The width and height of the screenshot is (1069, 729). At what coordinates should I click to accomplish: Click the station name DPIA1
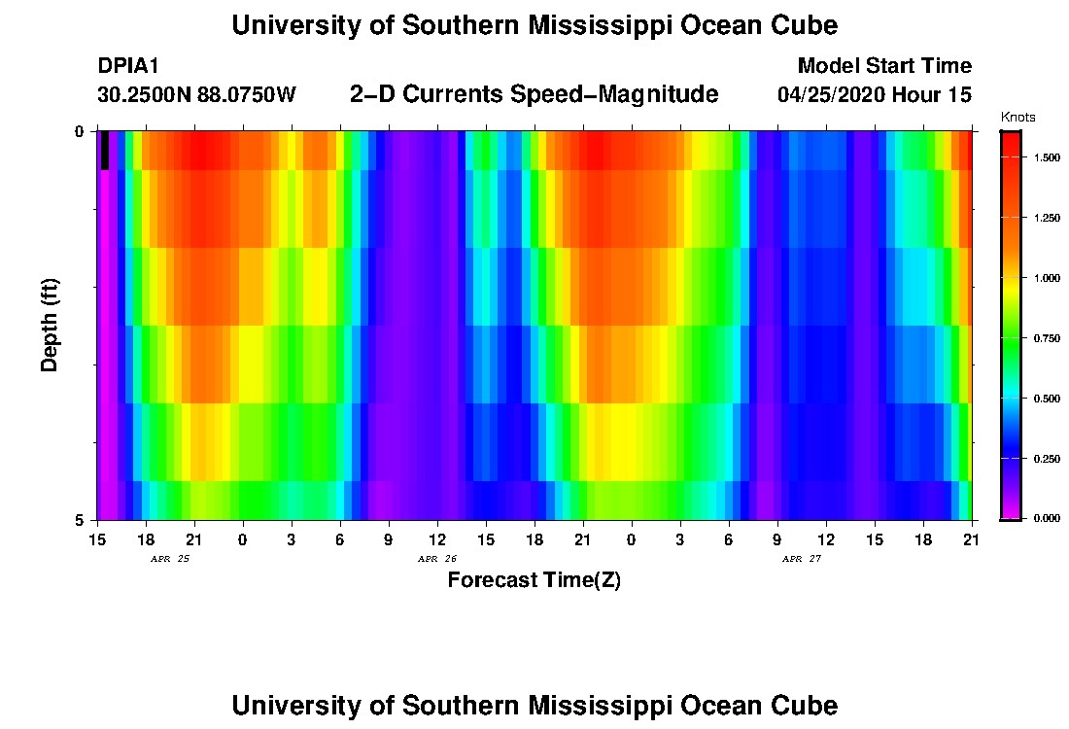tap(128, 66)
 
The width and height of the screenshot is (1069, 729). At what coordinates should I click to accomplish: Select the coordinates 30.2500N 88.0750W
tap(196, 95)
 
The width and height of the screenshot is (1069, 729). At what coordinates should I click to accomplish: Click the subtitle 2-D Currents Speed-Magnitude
tap(534, 94)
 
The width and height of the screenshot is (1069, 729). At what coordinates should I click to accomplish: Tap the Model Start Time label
tap(883, 66)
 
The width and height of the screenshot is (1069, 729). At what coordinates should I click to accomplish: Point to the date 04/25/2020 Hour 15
tap(875, 95)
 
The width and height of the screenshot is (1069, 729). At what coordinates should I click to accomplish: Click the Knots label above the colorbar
tap(1017, 118)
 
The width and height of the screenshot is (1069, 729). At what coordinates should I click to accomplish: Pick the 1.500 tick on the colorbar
tap(1046, 157)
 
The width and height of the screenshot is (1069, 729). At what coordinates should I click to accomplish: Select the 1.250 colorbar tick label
tap(1046, 218)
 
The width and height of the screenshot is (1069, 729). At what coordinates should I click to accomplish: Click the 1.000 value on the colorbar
tap(1046, 278)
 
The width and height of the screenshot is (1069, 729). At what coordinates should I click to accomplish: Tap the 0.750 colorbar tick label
tap(1046, 338)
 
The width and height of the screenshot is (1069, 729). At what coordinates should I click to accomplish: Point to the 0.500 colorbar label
tap(1046, 399)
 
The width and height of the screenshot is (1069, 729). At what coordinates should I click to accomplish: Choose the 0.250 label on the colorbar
tap(1046, 459)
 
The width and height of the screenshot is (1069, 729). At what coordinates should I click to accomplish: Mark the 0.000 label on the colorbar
tap(1046, 519)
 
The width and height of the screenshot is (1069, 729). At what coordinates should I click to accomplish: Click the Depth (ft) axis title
tap(50, 325)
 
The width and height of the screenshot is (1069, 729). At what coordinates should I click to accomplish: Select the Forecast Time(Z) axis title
tap(534, 581)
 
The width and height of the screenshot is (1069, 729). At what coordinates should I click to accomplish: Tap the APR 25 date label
tap(170, 559)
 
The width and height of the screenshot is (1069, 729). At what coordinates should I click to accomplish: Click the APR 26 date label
tap(437, 559)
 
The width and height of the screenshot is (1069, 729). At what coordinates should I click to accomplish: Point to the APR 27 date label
tap(802, 559)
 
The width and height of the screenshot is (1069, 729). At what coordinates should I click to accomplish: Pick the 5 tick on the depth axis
tap(79, 520)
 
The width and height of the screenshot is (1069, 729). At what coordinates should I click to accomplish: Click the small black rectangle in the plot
tap(105, 151)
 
